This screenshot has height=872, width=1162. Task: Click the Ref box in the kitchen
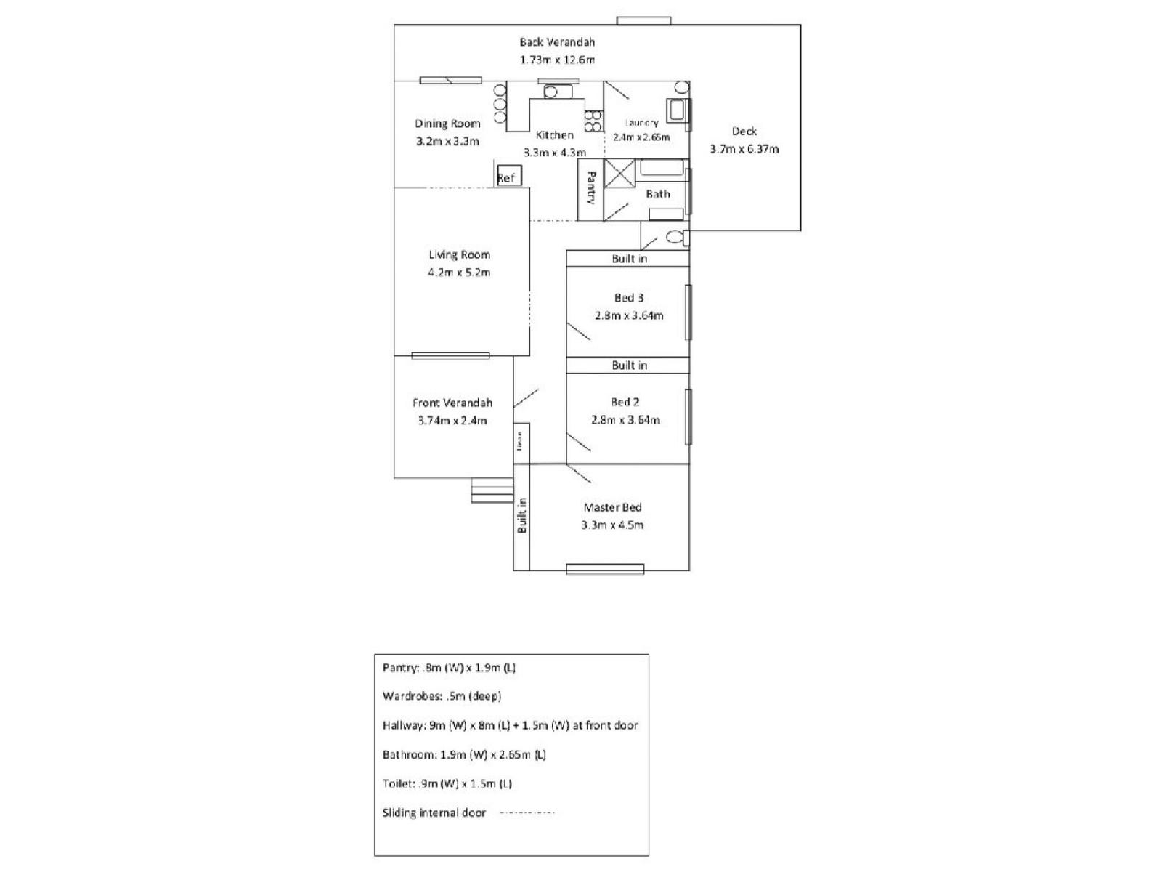[506, 177]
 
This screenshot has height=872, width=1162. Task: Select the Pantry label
[591, 188]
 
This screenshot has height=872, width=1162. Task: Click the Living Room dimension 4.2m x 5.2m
[459, 272]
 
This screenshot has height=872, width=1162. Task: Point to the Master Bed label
[612, 507]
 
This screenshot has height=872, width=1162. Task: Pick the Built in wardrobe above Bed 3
[628, 259]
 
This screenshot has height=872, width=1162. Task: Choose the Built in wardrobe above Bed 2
[628, 365]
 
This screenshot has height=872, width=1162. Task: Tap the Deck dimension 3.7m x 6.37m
[744, 149]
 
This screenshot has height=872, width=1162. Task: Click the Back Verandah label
[557, 42]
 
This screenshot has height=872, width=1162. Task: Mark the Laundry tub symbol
[676, 111]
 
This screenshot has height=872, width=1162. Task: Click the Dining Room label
[447, 124]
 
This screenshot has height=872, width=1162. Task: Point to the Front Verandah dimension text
[452, 420]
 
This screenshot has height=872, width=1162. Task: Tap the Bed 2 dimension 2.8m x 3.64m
[625, 419]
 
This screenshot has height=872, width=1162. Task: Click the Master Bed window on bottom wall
[605, 569]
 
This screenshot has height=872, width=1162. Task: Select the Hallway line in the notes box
[510, 725]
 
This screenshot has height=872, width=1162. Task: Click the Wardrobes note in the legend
[442, 696]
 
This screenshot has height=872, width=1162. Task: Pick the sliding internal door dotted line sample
[527, 812]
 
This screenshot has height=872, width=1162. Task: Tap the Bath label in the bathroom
[658, 194]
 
